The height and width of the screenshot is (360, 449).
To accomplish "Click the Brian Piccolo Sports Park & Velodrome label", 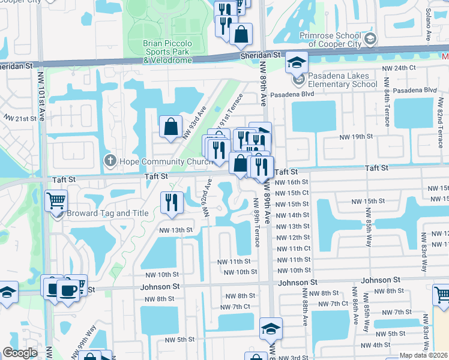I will tap(167, 51).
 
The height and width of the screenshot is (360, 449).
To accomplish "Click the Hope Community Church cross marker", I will tap(109, 160).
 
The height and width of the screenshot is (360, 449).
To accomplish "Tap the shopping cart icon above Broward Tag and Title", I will tap(56, 200).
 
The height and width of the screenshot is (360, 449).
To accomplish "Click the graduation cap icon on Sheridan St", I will tap(297, 62).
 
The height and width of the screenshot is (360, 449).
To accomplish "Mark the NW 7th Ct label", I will tap(235, 307).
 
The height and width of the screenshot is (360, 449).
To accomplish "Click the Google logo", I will tap(20, 353).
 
